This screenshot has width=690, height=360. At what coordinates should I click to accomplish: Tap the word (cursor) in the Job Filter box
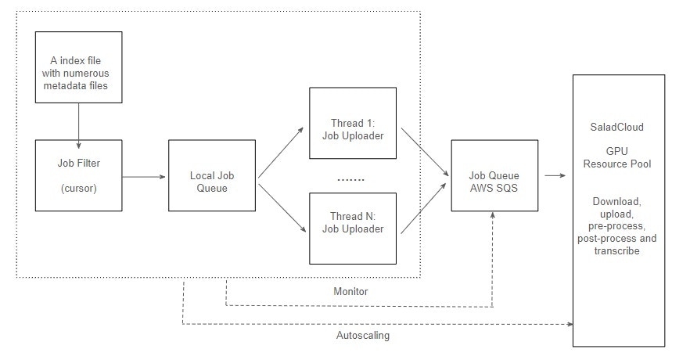[79, 189]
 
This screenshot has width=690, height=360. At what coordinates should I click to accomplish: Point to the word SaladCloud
[617, 128]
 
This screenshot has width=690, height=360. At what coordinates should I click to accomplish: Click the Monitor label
[350, 291]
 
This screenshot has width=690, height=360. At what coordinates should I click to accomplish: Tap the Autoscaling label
[363, 336]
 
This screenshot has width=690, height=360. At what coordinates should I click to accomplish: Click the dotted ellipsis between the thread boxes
[350, 179]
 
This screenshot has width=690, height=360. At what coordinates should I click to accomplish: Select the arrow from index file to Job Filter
[79, 126]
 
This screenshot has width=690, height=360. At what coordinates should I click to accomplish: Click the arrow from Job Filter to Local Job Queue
[144, 177]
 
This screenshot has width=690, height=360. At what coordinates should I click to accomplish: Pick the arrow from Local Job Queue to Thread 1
[281, 153]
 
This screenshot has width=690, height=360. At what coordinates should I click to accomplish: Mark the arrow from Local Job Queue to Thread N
[282, 207]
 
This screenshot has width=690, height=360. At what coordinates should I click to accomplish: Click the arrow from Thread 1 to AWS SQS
[425, 153]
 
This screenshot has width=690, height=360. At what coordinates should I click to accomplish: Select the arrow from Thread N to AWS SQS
[423, 209]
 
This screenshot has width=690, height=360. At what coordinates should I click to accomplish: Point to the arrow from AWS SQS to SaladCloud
[555, 175]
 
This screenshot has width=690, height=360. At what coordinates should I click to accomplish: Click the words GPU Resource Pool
[617, 157]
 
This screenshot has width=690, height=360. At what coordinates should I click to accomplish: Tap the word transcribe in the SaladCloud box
[617, 251]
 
